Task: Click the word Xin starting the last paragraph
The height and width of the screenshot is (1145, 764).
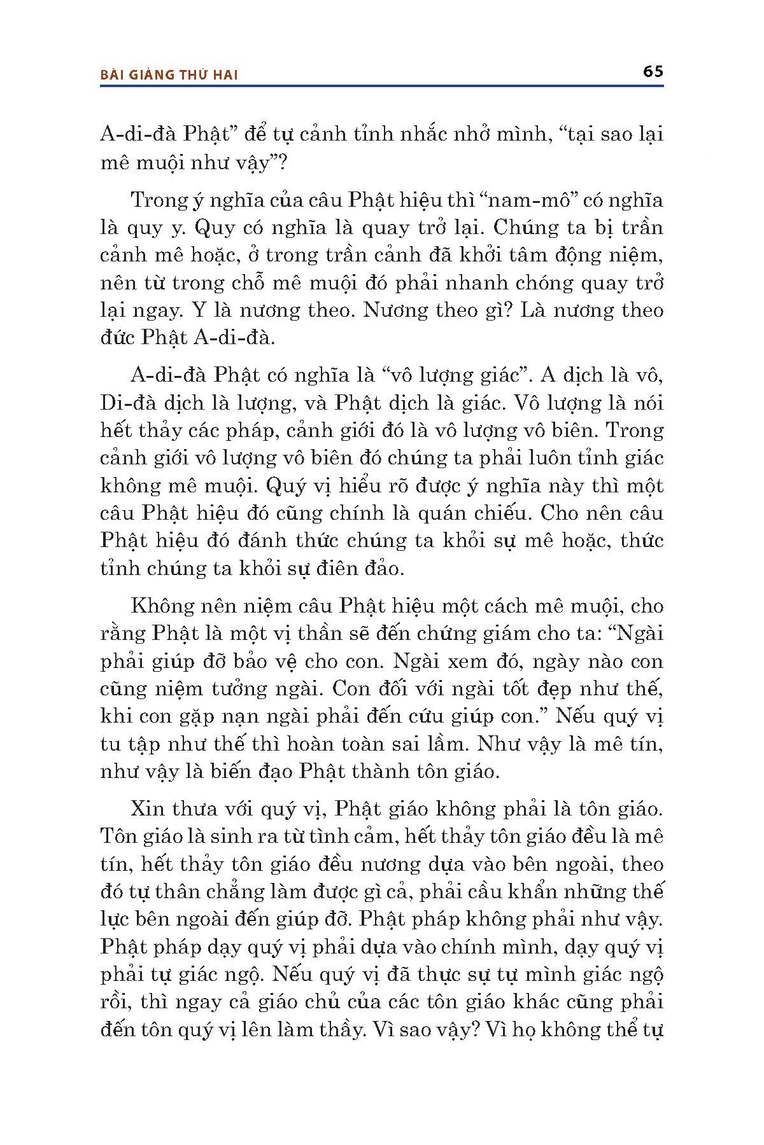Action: [148, 809]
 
